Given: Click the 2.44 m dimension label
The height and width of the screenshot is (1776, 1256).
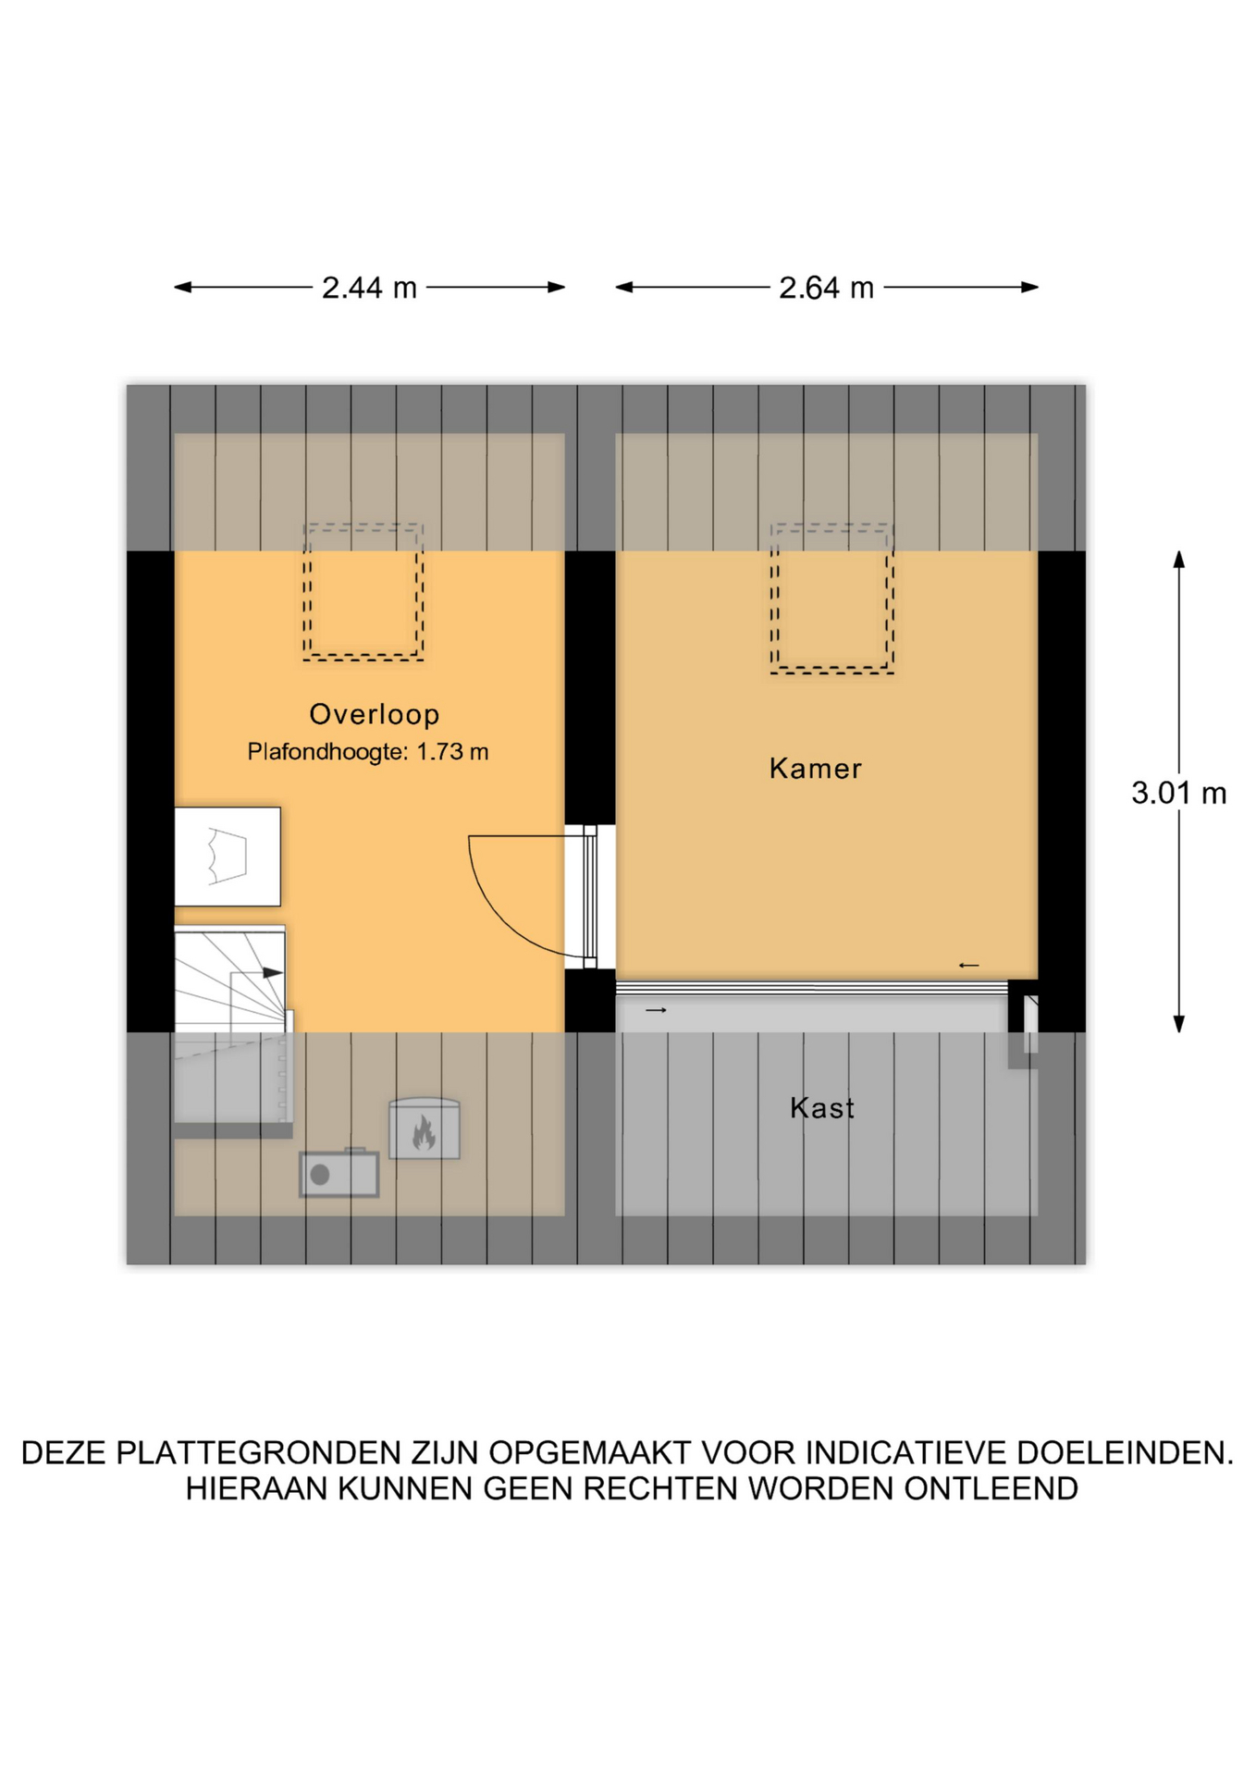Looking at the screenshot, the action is click(369, 288).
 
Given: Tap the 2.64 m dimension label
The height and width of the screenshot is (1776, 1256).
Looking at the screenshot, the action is click(826, 288).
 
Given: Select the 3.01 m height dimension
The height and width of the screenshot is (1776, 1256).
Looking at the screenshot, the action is click(1178, 793).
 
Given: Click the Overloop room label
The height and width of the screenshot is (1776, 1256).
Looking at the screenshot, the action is click(374, 714).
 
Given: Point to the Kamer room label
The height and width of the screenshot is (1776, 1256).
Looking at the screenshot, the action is click(815, 769).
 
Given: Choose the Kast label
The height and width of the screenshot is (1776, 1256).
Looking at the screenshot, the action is click(821, 1108).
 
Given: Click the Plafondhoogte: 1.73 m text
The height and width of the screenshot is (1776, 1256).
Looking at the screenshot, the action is click(367, 752).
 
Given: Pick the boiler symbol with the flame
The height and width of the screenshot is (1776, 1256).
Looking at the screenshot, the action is click(425, 1128).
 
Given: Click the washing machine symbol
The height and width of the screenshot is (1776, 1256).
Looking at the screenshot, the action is click(339, 1173).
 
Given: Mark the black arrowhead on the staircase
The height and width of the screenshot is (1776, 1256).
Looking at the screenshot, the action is click(273, 972).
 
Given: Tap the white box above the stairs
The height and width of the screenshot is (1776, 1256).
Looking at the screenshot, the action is click(228, 857).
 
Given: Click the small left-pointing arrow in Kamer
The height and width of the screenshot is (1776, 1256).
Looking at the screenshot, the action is click(968, 966).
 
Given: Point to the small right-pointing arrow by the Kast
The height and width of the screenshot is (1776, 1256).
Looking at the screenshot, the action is click(656, 1010).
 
